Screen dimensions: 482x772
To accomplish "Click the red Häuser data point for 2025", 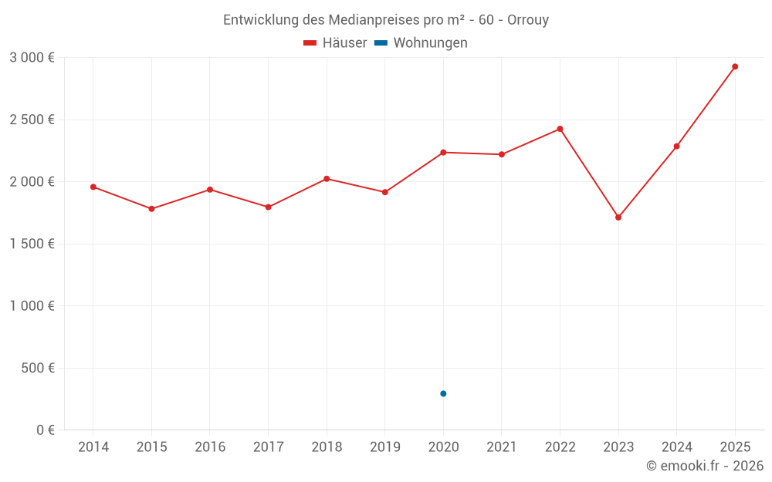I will point(735,66).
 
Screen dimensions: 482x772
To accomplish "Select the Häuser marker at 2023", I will point(618,217).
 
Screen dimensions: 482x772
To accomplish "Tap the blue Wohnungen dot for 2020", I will point(443,393).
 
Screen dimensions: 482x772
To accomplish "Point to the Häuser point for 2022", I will point(560,129).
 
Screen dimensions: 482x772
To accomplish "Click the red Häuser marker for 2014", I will point(93,187).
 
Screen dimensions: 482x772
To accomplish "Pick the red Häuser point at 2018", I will point(327,179).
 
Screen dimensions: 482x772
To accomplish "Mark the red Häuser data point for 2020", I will point(443,152).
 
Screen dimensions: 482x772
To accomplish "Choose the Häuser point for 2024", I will point(676,146).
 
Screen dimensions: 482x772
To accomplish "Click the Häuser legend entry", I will point(335,43).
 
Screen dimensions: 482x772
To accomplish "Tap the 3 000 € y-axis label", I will point(32,58).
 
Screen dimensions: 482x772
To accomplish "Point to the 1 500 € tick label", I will point(32,244).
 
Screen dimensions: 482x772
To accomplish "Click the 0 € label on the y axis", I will point(42,430).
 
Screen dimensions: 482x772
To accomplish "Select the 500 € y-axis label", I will point(37,368).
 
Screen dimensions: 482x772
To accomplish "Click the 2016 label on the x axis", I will point(210,447).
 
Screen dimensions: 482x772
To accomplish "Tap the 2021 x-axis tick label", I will point(501,447).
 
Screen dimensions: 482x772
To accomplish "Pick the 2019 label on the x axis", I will point(384,447).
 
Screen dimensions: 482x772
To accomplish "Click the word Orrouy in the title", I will point(527,20).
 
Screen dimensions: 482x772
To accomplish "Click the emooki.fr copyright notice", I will point(705,466).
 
